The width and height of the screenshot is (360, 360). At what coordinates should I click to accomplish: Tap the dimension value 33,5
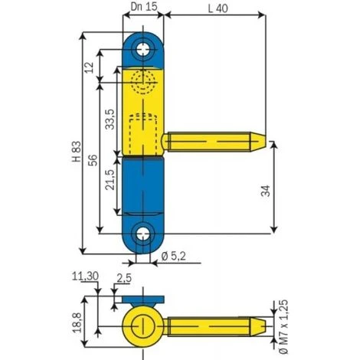(x=111, y=120)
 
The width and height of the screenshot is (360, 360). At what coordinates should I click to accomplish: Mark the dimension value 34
(x=264, y=191)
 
